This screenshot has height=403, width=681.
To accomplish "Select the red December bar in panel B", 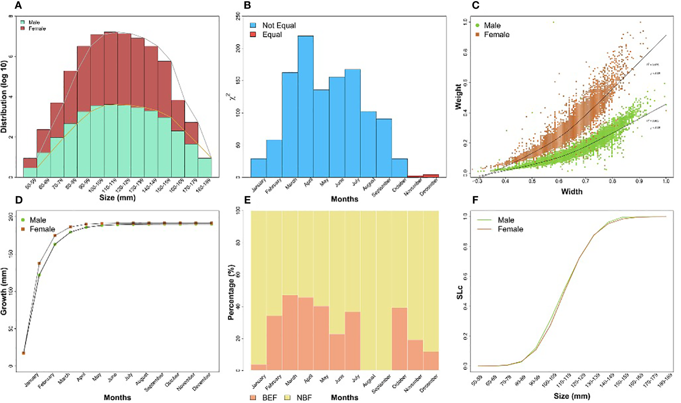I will (x=431, y=176).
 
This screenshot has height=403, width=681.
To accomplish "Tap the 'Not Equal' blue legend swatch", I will (x=254, y=26).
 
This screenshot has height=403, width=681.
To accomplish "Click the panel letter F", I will (x=475, y=200).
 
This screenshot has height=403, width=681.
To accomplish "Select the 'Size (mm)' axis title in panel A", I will (x=117, y=197).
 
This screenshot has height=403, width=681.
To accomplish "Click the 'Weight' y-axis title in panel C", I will (x=458, y=97).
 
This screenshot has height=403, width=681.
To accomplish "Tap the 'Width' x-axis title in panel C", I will (x=571, y=192).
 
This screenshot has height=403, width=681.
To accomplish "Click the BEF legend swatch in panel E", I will (x=254, y=398).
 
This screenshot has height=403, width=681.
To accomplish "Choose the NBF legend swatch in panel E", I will (x=288, y=398).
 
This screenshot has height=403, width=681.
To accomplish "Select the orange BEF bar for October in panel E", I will (x=399, y=339).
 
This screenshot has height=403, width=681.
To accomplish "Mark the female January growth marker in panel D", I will (x=39, y=264).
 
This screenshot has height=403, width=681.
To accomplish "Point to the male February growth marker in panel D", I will (x=55, y=245).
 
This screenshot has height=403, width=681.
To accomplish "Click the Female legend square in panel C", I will (x=477, y=35).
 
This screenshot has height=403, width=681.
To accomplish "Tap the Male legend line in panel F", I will (x=485, y=220).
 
